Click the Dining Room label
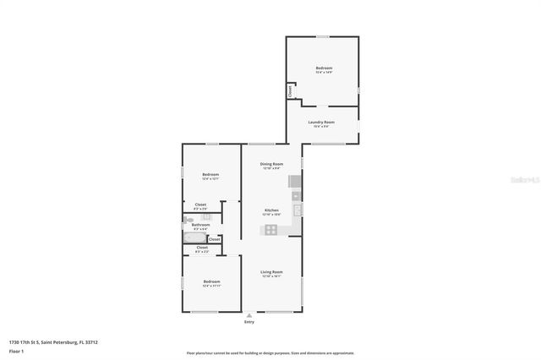click(x=271, y=163)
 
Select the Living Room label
click(x=271, y=272)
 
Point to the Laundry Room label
click(x=322, y=122)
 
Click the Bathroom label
click(x=200, y=225)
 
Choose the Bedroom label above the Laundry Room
click(x=324, y=68)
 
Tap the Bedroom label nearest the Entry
click(x=211, y=281)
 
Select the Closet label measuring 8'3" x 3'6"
click(x=201, y=205)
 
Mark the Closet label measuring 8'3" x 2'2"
click(x=201, y=248)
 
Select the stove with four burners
click(x=271, y=229)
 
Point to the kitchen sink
click(x=297, y=210)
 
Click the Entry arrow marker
click(x=249, y=314)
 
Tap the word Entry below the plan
click(x=249, y=322)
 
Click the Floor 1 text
click(x=16, y=349)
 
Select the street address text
click(x=53, y=341)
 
